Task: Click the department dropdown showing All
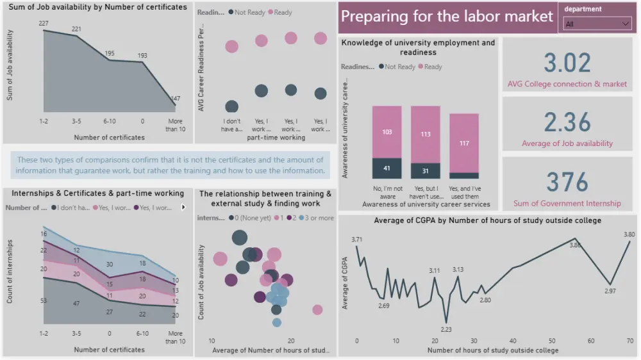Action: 597,24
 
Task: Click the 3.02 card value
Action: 567,63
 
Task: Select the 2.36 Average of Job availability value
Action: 567,122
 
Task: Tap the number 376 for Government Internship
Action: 567,183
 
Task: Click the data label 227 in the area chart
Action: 44,24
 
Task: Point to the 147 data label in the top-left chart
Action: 175,99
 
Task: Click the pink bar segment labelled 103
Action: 387,132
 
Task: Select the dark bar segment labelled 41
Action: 387,168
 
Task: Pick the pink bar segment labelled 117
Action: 463,143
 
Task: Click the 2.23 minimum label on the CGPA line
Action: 446,329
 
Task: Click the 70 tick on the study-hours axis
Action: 630,341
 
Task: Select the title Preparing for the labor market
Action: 447,16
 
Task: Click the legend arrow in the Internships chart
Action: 183,207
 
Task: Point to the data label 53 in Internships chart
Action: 44,301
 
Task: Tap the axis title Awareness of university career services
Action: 426,204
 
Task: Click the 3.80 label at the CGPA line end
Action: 629,234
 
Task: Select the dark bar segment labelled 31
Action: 425,171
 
